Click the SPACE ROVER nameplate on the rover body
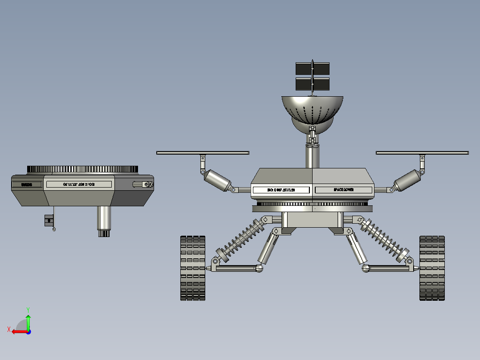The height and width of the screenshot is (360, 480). (x=343, y=190)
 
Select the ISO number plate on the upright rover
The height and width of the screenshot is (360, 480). (x=281, y=190)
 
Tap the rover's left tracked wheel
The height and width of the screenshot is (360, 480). (x=193, y=268)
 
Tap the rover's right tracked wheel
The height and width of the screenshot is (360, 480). (x=432, y=268)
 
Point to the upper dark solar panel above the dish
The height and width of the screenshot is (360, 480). (x=313, y=68)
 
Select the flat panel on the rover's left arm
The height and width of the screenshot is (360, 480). (x=203, y=153)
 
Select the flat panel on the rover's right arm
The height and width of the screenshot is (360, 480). (x=422, y=153)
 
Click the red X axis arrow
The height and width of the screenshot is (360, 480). (x=18, y=331)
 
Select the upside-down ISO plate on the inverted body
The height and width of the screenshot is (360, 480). (x=79, y=184)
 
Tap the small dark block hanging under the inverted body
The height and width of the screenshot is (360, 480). (x=49, y=220)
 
